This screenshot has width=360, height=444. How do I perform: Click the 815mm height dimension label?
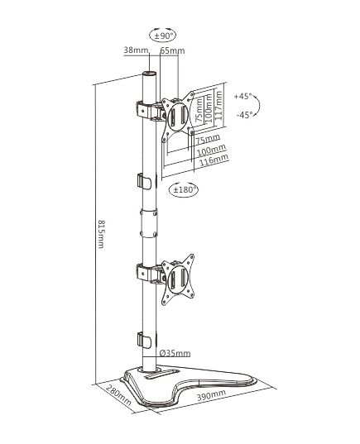(x=101, y=234)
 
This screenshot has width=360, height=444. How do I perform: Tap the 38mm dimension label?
(x=136, y=50)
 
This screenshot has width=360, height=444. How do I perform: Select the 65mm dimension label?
(x=172, y=50)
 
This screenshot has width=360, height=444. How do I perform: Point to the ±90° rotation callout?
(x=162, y=35)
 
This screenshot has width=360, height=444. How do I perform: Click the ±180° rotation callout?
(x=183, y=189)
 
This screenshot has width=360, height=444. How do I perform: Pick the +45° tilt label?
(x=242, y=96)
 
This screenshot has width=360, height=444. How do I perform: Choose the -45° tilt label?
(x=244, y=115)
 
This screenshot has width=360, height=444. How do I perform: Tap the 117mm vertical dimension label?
(x=218, y=105)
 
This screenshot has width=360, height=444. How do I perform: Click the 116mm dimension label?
(x=214, y=160)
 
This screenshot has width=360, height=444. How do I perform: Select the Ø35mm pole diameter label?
(x=175, y=353)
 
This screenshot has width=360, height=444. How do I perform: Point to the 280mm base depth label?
(x=119, y=395)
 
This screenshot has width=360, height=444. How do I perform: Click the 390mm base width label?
(x=211, y=394)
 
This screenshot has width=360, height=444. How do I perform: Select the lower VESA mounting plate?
(x=178, y=279)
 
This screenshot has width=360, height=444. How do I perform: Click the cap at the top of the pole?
(x=149, y=74)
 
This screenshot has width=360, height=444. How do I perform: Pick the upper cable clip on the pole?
(x=145, y=181)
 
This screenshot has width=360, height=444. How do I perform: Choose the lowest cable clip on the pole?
(x=145, y=340)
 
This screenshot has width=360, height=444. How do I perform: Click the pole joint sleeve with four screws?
(x=148, y=222)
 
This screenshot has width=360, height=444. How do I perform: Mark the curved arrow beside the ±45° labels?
(x=259, y=105)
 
